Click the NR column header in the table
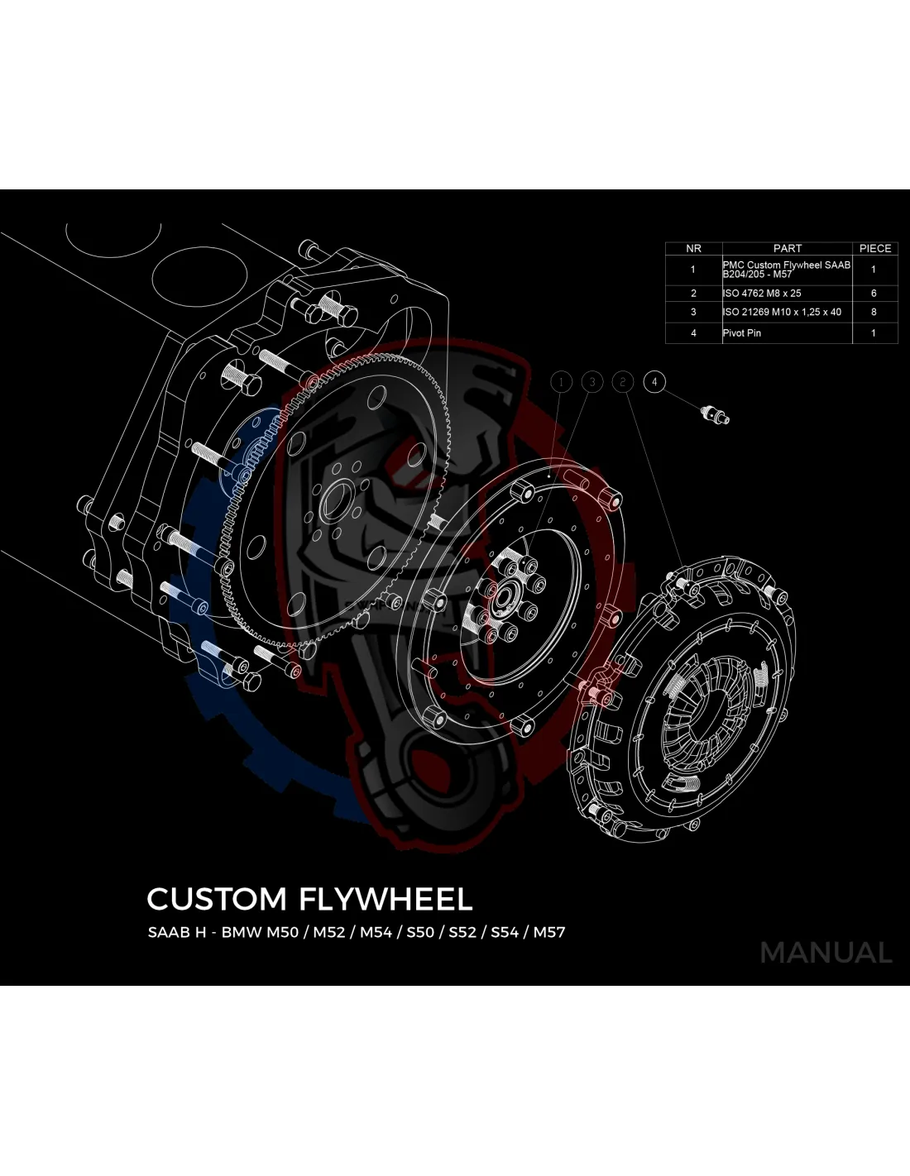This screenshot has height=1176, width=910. (693, 248)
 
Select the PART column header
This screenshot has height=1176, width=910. (787, 248)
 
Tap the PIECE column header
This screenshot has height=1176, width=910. (874, 248)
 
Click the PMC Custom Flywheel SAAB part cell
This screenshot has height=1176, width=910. (786, 270)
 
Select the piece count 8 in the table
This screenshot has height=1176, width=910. (874, 313)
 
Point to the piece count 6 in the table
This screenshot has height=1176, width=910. (874, 294)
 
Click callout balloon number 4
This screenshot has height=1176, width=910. (654, 381)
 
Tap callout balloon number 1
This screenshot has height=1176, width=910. (561, 381)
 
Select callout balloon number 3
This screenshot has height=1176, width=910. (592, 381)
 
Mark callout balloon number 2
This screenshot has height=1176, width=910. (623, 381)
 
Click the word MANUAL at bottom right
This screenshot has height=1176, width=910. (826, 953)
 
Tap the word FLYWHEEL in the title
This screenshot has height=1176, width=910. (386, 899)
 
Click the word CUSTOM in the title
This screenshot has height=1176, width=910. (217, 899)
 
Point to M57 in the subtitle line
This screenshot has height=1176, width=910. (549, 932)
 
